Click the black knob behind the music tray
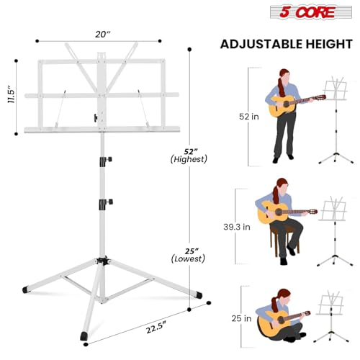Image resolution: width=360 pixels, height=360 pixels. [94, 117]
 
